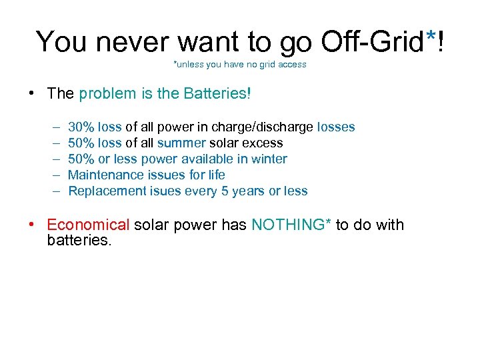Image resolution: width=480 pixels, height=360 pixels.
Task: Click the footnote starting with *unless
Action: point(240,65)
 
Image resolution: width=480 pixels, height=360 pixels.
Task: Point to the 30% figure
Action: point(81,127)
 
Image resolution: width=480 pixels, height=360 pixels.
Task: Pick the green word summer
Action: point(181,143)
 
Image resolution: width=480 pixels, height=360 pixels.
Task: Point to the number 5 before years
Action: point(221,191)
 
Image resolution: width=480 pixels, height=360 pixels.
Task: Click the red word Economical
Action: point(88,225)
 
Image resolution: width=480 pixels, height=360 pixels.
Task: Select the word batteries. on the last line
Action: point(79,240)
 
